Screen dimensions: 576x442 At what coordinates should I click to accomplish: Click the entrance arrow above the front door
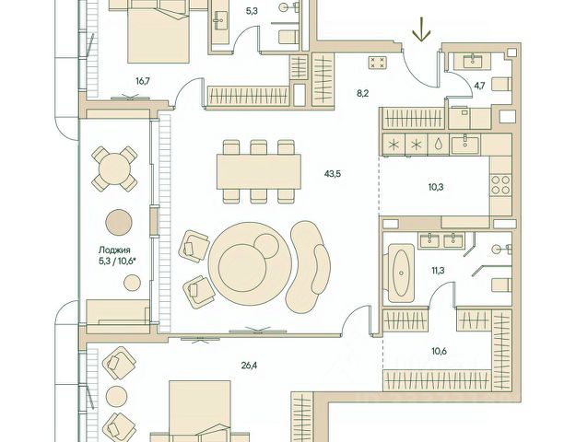[421, 29]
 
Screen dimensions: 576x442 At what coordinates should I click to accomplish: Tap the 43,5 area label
[333, 174]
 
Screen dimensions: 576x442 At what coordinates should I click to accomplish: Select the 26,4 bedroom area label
[249, 366]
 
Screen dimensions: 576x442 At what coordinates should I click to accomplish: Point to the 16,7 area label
[143, 81]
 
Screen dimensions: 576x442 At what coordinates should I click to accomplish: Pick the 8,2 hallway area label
[362, 94]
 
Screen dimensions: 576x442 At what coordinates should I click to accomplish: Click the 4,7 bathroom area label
[479, 87]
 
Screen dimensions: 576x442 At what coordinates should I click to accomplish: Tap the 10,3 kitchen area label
[436, 187]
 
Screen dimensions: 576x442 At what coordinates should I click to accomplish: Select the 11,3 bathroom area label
[438, 271]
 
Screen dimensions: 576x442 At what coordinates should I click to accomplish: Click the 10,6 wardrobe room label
[440, 352]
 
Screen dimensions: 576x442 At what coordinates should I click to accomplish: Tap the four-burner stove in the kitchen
[500, 185]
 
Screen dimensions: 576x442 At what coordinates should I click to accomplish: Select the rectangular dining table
[259, 172]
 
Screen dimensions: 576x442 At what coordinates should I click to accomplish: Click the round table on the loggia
[114, 169]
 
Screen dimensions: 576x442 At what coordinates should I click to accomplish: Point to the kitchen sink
[465, 145]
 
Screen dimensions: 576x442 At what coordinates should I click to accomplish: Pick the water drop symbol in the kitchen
[438, 145]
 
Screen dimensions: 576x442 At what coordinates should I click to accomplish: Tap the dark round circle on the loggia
[119, 223]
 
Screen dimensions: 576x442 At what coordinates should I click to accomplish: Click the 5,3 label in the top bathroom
[252, 11]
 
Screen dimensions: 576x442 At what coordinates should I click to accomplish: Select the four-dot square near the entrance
[378, 62]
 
